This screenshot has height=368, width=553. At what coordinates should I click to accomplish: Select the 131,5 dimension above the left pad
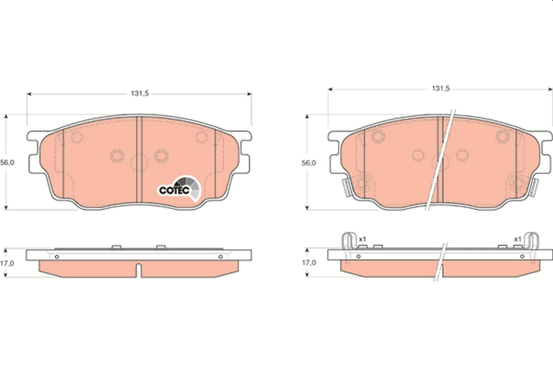coord(139,93)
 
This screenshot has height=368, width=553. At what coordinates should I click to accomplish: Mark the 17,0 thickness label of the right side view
coord(308,263)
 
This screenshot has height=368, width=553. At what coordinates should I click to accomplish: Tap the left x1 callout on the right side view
coord(362,239)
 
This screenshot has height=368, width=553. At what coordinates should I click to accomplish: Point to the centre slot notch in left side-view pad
coord(139,269)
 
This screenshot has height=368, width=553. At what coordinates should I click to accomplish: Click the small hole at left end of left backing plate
coord(57,257)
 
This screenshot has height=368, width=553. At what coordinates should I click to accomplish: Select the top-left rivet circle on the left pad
coord(76,137)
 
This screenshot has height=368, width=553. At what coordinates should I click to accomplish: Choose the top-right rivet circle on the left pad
coord(201,137)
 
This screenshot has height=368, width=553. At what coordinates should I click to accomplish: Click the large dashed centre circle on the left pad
coord(139,162)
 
